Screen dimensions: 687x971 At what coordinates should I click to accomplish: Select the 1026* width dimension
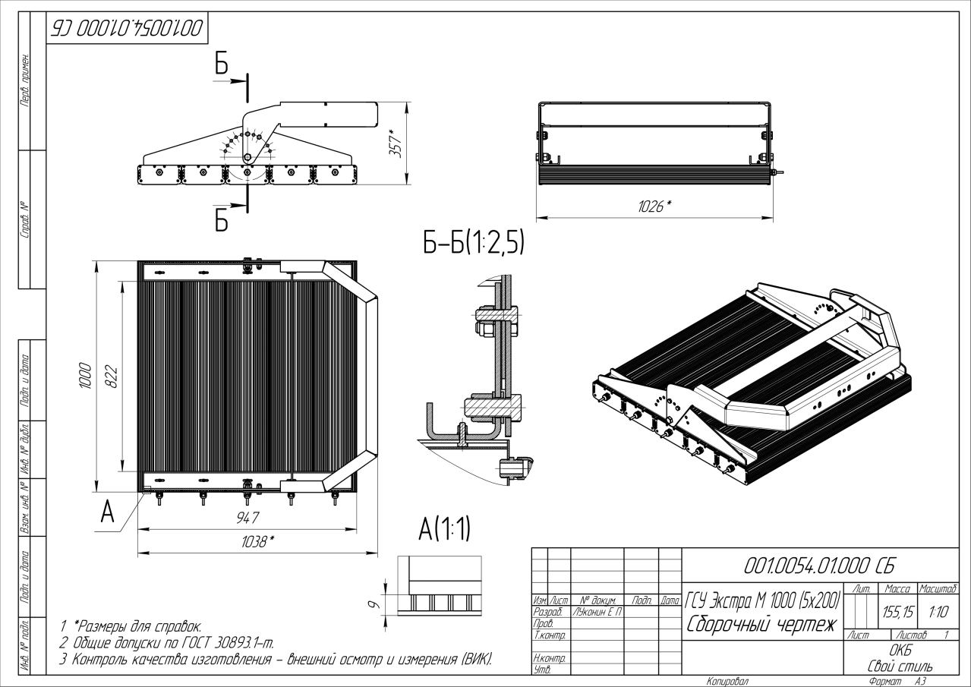click(654, 206)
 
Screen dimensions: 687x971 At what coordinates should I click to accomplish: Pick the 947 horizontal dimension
click(247, 518)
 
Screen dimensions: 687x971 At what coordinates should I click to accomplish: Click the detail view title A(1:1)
click(444, 529)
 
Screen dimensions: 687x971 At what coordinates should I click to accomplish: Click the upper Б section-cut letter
click(221, 65)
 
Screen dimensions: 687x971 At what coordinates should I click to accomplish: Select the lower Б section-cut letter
click(221, 219)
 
